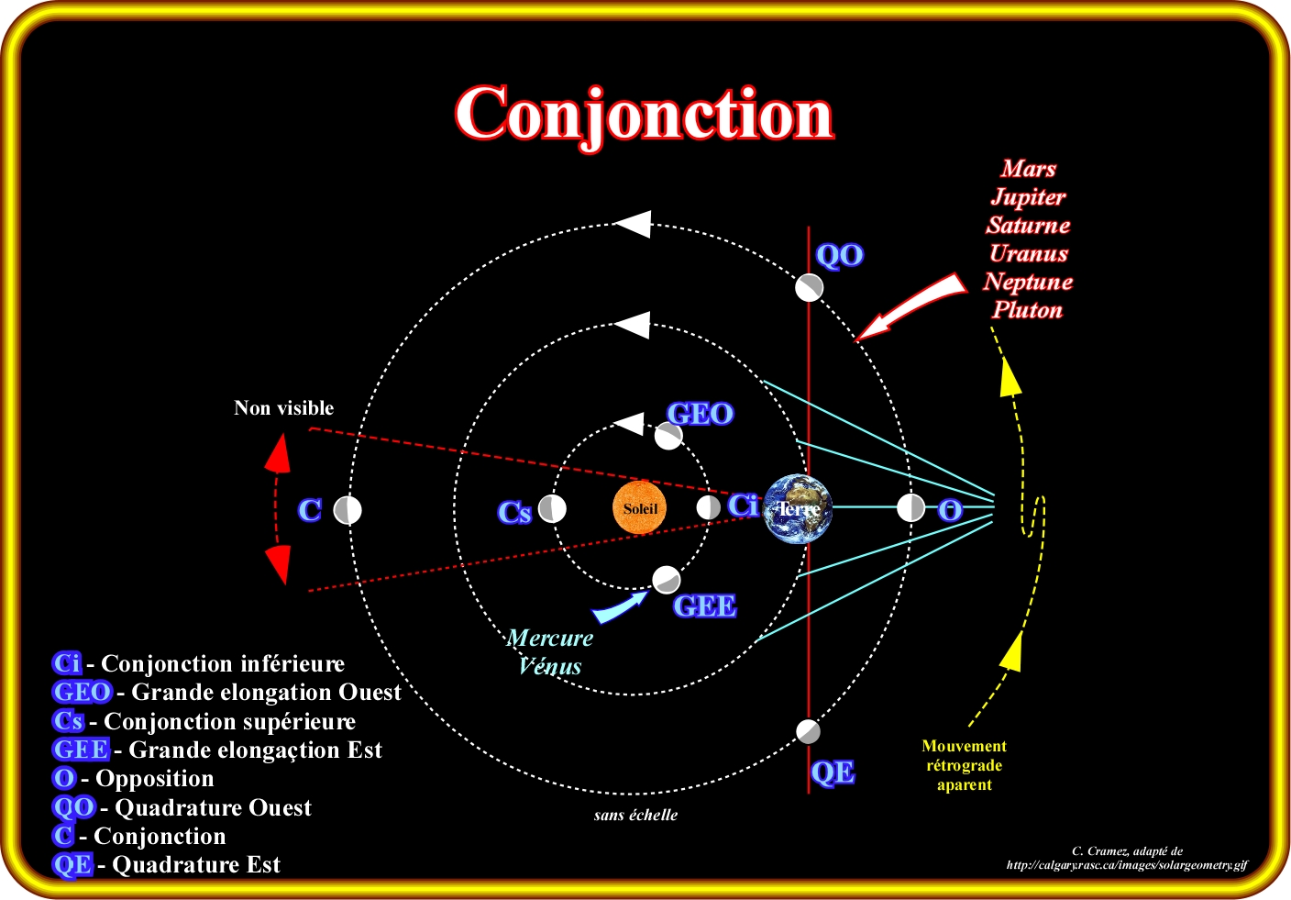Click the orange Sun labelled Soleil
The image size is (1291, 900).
640,508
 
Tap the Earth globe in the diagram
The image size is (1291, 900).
798,508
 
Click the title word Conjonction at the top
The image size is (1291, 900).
644,115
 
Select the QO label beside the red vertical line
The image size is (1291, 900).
839,255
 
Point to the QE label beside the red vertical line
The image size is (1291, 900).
833,772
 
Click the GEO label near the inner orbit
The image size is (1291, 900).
700,414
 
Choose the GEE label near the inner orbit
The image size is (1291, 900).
704,606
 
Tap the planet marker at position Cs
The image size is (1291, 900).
552,508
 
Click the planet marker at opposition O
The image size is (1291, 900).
910,507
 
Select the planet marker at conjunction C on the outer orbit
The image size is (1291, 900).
348,510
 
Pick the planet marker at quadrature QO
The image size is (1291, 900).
809,287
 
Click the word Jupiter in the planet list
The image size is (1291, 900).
1028,197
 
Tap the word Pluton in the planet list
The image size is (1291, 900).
1027,310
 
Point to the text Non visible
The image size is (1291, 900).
283,408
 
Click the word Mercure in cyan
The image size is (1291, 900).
550,638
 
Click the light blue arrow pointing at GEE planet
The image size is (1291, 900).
620,606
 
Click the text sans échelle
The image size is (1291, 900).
635,815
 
